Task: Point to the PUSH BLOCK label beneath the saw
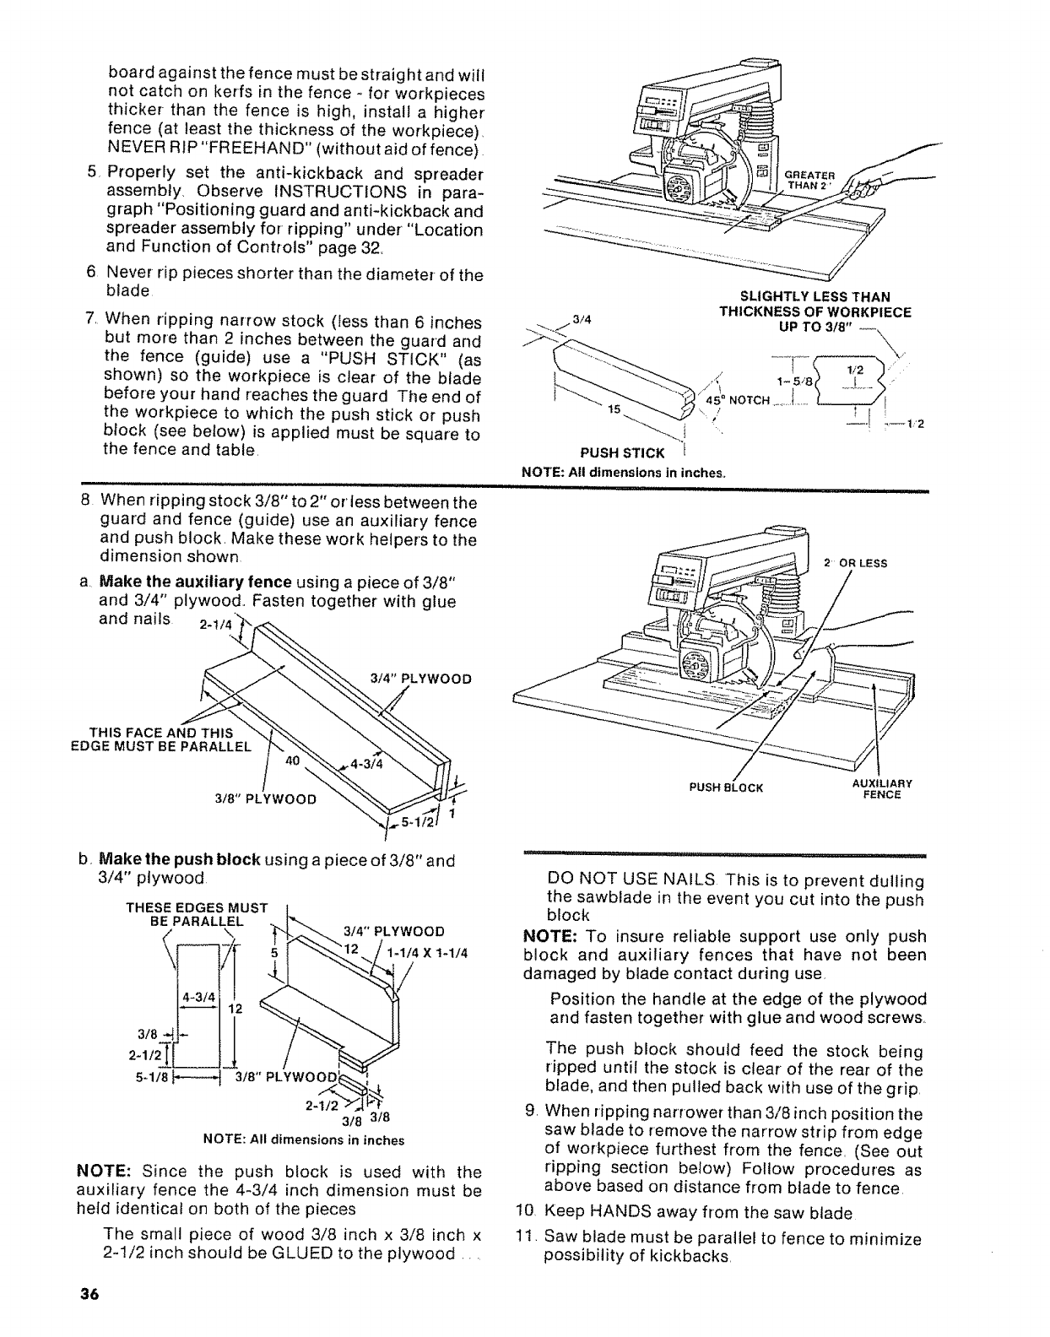point(726,788)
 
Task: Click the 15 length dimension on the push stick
point(615,409)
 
